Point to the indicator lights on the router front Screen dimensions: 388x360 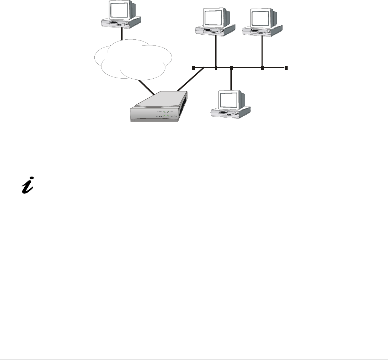tap(165, 114)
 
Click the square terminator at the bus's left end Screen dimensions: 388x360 tap(193, 68)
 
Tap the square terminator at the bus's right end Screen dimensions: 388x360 tap(286, 68)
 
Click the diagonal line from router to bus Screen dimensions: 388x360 tap(190, 79)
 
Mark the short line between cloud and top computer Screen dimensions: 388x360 tap(122, 35)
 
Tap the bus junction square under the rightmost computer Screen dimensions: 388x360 tap(262, 68)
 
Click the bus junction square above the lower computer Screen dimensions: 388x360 tap(232, 68)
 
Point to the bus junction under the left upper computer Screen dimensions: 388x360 tap(216, 68)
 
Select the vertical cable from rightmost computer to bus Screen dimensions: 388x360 tap(262, 52)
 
